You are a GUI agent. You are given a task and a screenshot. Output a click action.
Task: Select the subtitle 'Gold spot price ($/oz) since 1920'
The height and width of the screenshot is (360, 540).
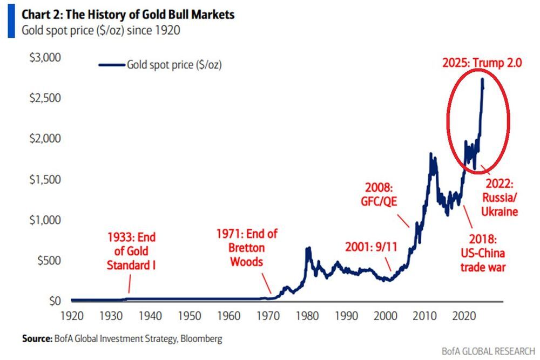tap(100, 30)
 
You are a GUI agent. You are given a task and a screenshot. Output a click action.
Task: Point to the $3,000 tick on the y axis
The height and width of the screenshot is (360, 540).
tap(45, 57)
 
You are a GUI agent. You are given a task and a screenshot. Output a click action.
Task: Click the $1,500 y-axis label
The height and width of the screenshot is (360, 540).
tap(45, 179)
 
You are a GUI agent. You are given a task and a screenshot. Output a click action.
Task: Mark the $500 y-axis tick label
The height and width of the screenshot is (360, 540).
tap(49, 261)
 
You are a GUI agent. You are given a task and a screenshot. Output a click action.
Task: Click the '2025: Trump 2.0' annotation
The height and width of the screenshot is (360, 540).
tap(482, 63)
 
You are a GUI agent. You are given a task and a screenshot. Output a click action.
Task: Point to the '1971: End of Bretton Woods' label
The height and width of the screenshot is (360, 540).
tap(247, 248)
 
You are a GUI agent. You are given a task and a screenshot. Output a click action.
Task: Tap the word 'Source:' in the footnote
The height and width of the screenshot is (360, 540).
tap(37, 339)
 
